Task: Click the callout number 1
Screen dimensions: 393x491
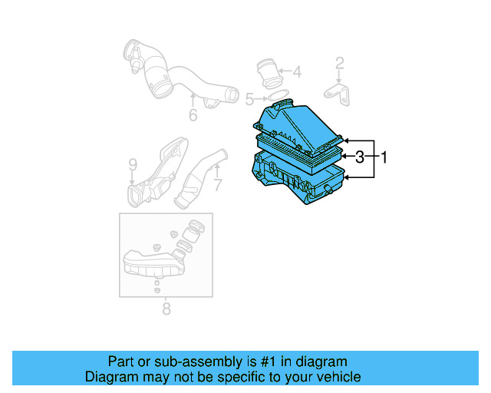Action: pos(384,158)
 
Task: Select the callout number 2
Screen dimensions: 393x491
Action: pos(339,63)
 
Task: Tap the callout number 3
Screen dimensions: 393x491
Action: pos(359,158)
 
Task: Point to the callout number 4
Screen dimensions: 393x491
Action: pos(297,74)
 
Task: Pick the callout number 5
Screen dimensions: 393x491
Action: pos(249,99)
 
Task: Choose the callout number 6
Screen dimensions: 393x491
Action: pos(193,115)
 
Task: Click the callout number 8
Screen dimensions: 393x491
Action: pos(166,309)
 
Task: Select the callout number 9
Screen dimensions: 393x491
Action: pos(132,164)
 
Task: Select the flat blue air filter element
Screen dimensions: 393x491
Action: pos(299,150)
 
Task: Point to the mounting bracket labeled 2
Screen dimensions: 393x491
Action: pos(338,92)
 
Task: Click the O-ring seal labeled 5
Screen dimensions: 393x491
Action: pos(279,97)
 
